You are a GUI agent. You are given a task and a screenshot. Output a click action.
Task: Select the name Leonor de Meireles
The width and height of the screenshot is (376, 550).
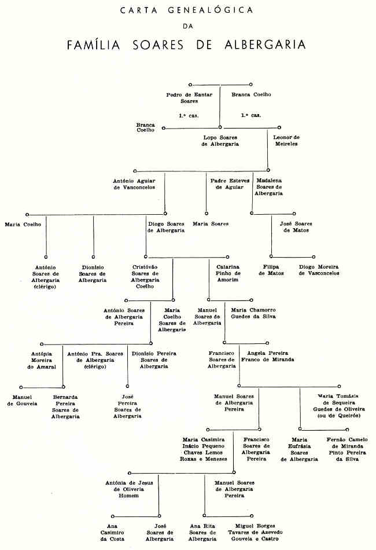point(286,140)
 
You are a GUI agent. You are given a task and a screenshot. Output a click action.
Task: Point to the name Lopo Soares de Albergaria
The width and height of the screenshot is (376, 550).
point(220,140)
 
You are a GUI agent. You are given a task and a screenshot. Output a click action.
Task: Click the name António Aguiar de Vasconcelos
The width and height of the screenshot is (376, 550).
point(134,184)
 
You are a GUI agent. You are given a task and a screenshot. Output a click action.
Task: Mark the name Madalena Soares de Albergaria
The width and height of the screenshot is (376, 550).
point(269,187)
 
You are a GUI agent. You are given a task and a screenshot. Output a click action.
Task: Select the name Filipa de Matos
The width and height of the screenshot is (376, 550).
point(271,270)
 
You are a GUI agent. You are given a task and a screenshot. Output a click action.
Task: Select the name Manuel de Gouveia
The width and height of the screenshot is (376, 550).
point(22,399)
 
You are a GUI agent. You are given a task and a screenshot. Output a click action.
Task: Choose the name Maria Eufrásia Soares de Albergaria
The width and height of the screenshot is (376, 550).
point(299,449)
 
